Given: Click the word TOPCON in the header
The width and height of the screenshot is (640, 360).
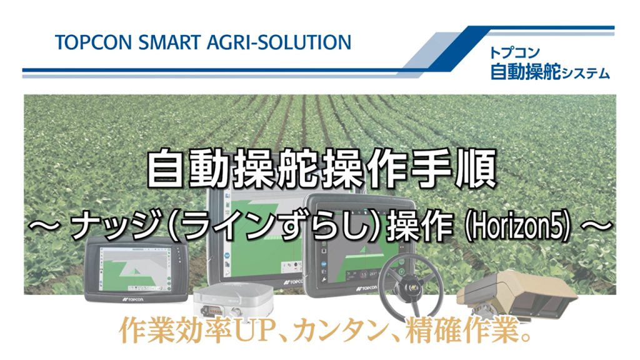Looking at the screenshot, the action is (x=93, y=42).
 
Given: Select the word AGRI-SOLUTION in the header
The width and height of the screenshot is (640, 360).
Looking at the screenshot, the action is (x=279, y=42).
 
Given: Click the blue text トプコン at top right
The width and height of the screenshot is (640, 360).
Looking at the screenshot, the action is (x=515, y=52).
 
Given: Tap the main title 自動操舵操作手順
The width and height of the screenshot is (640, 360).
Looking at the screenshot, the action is (x=321, y=168).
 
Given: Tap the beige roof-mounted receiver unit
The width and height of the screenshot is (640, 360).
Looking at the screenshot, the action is (x=517, y=293).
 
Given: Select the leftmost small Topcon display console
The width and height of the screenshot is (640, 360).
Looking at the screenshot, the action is (x=136, y=269).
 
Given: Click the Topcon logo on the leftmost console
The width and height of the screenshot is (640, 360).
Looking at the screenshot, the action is (x=132, y=299).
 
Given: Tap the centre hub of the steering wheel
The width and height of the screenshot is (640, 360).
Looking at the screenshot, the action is (x=411, y=287).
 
